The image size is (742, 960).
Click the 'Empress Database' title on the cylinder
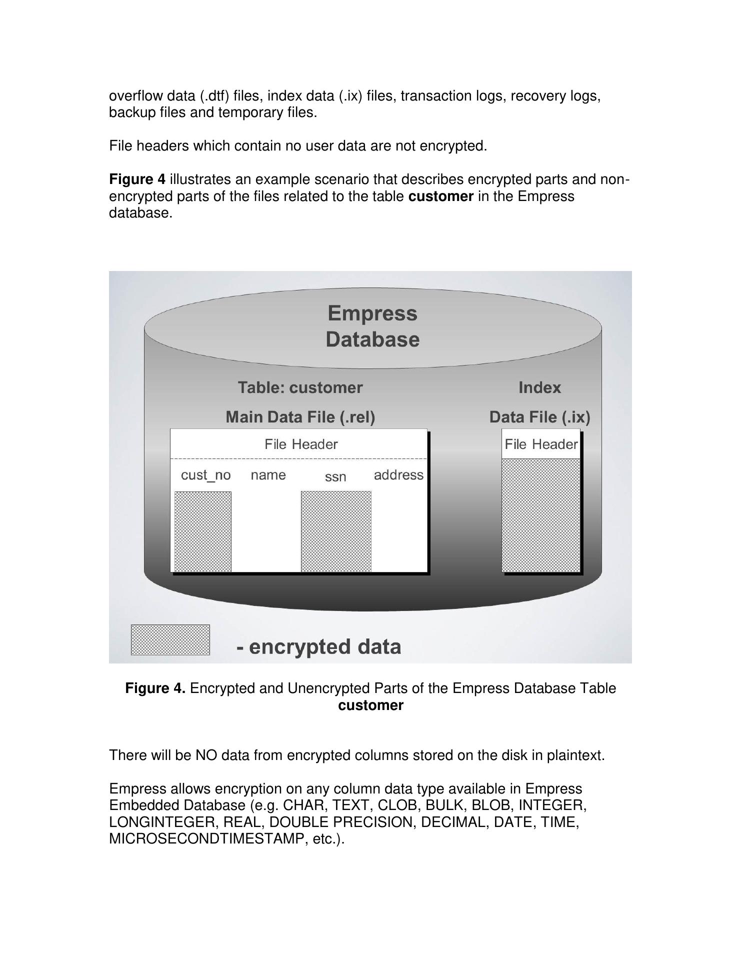tap(372, 326)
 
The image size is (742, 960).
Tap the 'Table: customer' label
tap(300, 387)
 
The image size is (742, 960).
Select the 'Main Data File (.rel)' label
tap(300, 417)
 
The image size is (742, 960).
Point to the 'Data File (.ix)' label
tap(539, 417)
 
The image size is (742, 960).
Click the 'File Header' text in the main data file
tap(301, 444)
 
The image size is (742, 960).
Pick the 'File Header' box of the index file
tap(541, 444)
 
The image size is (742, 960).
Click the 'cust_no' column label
tap(205, 475)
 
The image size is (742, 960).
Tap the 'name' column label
tap(268, 475)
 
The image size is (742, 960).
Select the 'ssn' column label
tap(335, 477)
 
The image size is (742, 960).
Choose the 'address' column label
tap(398, 475)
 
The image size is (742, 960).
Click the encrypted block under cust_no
tap(203, 531)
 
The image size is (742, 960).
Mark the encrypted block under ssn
tap(336, 531)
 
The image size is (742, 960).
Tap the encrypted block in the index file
tap(541, 515)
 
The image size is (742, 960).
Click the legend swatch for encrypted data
tap(170, 639)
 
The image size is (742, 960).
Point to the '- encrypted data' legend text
tap(319, 646)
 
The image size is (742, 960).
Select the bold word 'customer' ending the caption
tap(370, 705)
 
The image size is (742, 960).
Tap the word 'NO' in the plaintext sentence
tap(205, 755)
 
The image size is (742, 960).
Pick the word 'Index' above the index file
tap(539, 387)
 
